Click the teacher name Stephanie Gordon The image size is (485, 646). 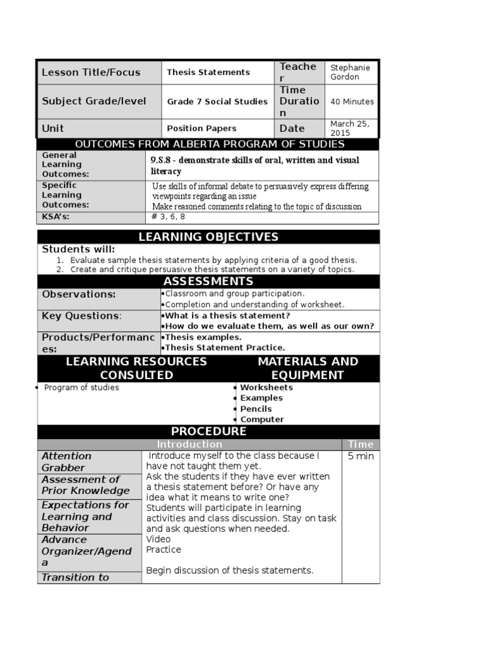(x=350, y=72)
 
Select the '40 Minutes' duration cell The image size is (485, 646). (x=352, y=102)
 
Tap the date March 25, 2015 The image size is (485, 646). (x=350, y=128)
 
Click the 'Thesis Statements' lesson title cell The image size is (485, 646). (x=208, y=72)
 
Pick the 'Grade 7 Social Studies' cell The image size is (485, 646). (x=217, y=102)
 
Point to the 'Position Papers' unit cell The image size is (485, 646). (x=201, y=128)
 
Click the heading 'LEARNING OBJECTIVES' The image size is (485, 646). (x=208, y=237)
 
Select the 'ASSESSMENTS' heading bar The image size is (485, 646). (x=208, y=281)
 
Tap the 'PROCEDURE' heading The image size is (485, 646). (x=208, y=432)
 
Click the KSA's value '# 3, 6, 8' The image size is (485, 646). (x=169, y=217)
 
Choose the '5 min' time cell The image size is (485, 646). (x=361, y=456)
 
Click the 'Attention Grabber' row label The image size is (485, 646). (x=66, y=462)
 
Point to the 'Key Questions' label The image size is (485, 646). (x=81, y=315)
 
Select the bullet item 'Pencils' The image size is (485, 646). (x=256, y=409)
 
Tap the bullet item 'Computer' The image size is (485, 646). (x=261, y=420)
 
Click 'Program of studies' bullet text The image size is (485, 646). (x=81, y=387)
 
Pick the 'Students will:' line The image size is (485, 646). (x=78, y=250)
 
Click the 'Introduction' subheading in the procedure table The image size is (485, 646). (x=189, y=444)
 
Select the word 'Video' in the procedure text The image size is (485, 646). (x=159, y=539)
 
